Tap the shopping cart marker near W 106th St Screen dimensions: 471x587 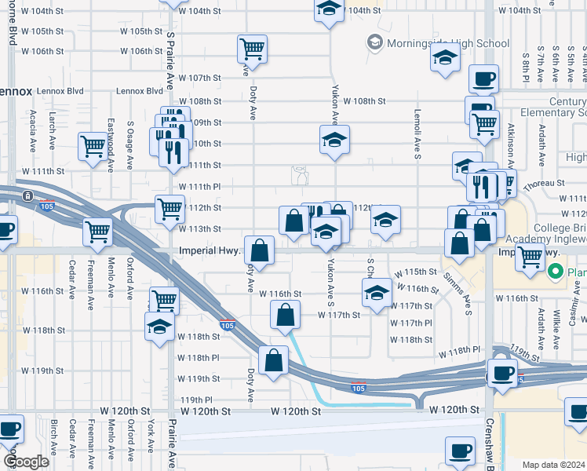(252, 49)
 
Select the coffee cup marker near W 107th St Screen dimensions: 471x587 (483, 79)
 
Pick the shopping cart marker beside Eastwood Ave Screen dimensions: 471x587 (93, 145)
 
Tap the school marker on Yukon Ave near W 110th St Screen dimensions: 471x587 (335, 140)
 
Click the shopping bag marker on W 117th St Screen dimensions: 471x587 (286, 315)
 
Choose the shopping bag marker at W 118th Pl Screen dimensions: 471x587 (275, 361)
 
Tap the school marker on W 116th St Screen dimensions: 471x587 (377, 293)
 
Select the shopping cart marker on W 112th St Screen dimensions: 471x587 (170, 209)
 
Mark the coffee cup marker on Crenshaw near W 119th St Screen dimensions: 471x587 (501, 373)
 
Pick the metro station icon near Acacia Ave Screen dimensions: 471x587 (27, 195)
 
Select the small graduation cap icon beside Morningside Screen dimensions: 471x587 (374, 42)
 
